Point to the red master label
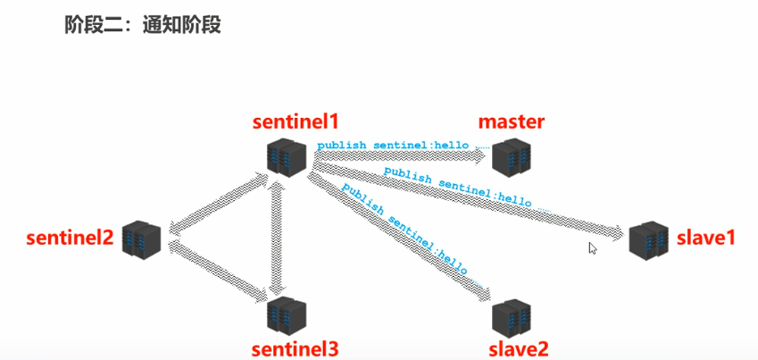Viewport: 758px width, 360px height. tap(512, 121)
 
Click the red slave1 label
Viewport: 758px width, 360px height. tap(705, 239)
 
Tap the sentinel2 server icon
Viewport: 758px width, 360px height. tap(142, 239)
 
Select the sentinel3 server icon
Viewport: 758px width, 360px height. tap(287, 314)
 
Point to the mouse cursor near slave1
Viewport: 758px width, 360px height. tap(592, 248)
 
